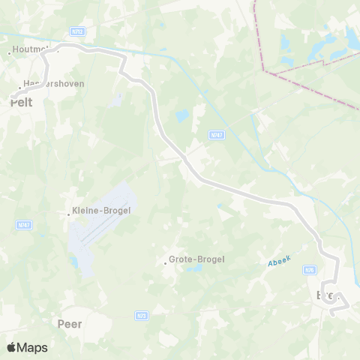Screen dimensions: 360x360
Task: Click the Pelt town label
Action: click(22, 103)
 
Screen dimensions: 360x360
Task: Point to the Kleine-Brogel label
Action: click(100, 211)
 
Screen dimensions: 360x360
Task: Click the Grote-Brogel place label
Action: click(196, 259)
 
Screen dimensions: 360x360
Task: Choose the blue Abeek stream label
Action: click(279, 262)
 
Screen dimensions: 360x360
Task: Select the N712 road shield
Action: click(76, 32)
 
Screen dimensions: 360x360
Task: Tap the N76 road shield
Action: click(309, 268)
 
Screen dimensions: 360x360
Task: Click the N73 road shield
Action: click(141, 316)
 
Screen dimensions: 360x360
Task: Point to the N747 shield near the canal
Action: click(216, 134)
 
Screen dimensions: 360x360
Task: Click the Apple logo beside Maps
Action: click(11, 347)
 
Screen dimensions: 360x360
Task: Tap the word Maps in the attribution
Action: click(32, 347)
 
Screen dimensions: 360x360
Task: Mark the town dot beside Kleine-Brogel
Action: click(68, 214)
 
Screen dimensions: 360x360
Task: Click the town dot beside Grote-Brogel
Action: click(166, 262)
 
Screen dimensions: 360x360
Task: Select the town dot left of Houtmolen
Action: click(9, 52)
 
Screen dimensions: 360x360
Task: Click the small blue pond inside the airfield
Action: click(75, 262)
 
